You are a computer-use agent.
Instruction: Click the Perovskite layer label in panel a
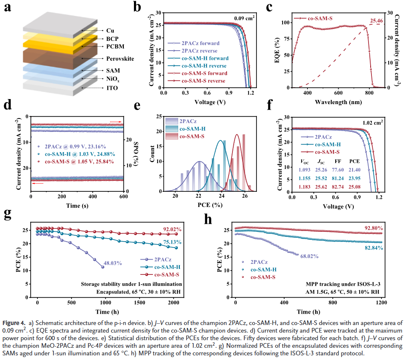tap(120, 59)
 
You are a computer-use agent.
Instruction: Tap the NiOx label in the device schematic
tap(113, 78)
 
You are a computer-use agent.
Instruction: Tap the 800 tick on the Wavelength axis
tap(369, 94)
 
